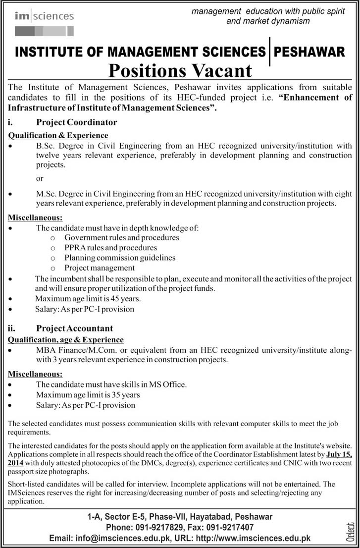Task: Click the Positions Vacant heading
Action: pyautogui.click(x=180, y=70)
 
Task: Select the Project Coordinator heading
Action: pyautogui.click(x=76, y=122)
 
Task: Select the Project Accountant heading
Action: pyautogui.click(x=74, y=328)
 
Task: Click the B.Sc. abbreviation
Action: pyautogui.click(x=46, y=146)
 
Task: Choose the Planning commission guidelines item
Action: pyautogui.click(x=119, y=258)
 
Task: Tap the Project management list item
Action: pyautogui.click(x=99, y=268)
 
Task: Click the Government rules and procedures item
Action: pyautogui.click(x=121, y=237)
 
